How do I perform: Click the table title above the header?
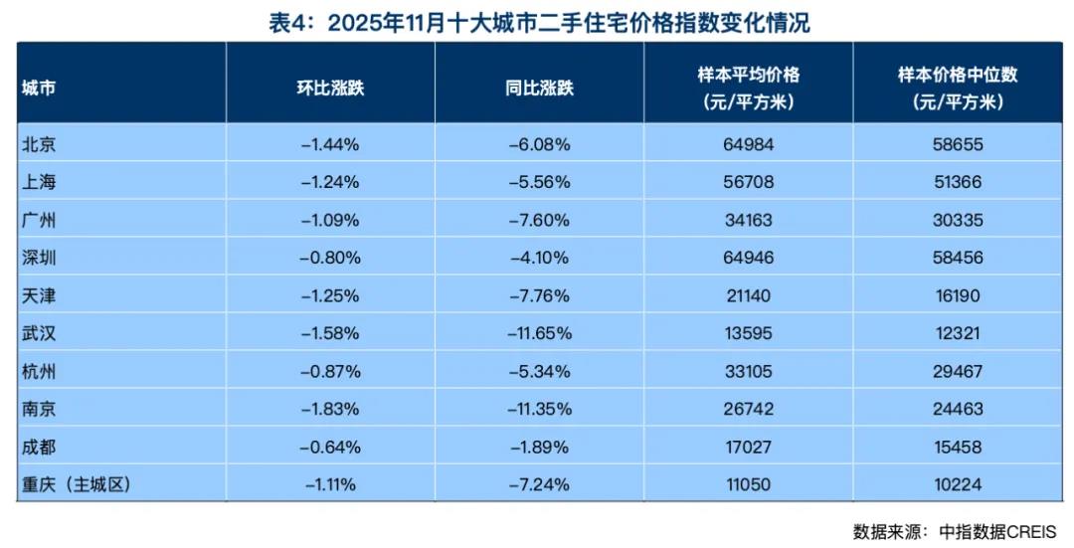point(539,22)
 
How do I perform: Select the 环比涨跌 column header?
point(330,88)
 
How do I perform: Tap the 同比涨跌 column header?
point(539,88)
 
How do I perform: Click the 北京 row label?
point(39,144)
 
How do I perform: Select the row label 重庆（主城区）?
point(76,484)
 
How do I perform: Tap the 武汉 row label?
point(39,333)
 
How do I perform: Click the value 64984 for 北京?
point(748,144)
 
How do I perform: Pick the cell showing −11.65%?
point(539,333)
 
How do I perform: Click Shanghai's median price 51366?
point(958,182)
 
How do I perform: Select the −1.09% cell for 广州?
point(330,220)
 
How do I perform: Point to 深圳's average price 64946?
point(748,258)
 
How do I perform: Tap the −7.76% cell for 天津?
point(539,295)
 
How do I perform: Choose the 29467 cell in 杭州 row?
point(958,371)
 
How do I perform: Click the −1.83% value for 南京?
point(330,409)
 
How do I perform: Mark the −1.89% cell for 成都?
point(539,447)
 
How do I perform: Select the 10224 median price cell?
point(958,484)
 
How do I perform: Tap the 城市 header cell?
point(39,88)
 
